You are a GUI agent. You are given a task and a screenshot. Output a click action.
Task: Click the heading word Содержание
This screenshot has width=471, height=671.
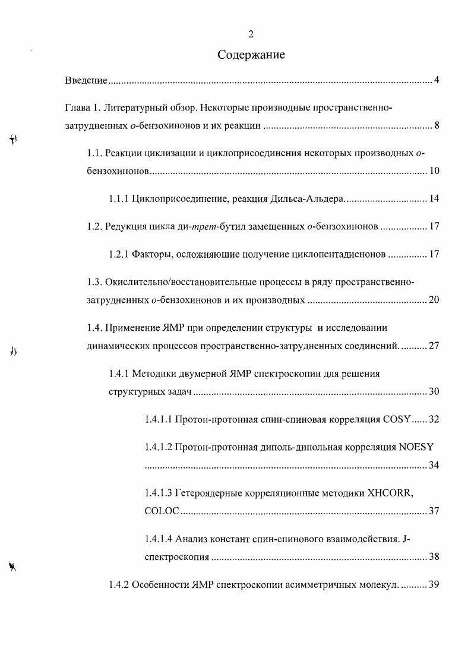[x=251, y=55]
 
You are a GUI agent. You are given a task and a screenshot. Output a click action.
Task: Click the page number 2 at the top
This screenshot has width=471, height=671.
[x=251, y=34]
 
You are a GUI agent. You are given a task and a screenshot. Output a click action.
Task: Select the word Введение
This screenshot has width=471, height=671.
[x=86, y=80]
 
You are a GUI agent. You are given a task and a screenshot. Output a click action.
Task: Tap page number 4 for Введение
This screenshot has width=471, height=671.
[x=436, y=80]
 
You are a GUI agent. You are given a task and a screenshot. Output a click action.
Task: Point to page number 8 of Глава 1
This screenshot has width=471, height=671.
[x=436, y=125]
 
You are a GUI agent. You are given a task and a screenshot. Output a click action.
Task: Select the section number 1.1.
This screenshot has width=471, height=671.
[x=94, y=154]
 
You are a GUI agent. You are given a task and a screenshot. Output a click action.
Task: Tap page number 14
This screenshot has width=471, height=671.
[x=434, y=199]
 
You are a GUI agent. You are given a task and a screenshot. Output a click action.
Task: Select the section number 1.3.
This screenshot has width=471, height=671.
[x=94, y=282]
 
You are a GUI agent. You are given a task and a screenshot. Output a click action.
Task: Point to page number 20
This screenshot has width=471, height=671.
[x=434, y=299]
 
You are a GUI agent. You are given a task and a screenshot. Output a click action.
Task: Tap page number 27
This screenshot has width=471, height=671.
[x=434, y=345]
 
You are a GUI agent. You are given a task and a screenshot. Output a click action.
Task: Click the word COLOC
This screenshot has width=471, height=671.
[x=162, y=511]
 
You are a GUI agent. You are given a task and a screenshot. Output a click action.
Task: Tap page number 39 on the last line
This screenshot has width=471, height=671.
[x=434, y=584]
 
